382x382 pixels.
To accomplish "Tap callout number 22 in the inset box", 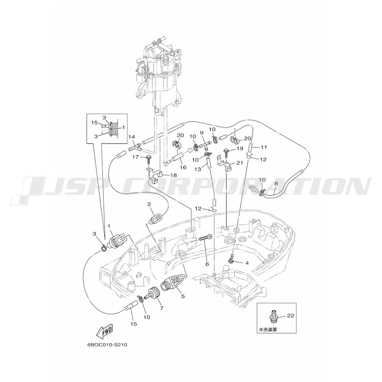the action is point(290,316).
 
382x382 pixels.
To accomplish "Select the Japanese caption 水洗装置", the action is point(268,330).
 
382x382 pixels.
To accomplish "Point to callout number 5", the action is point(183,296).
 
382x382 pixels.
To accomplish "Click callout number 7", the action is point(162,308).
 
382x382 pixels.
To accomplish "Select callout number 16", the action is point(183,167).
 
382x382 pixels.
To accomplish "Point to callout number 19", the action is point(240,148).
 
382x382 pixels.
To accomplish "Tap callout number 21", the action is point(240,163).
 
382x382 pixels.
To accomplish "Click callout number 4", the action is point(247,263).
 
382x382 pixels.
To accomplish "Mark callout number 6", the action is point(207,264).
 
